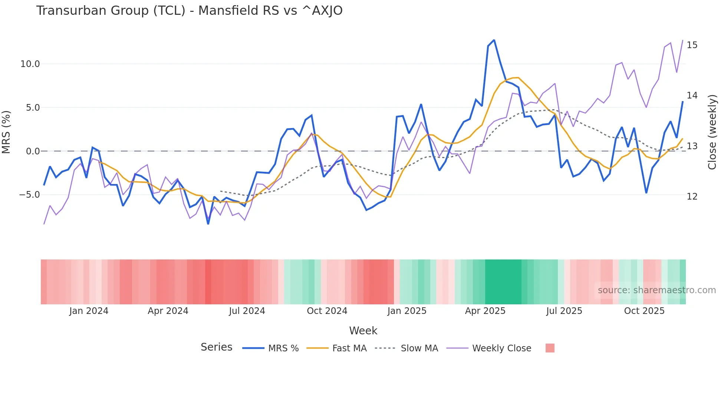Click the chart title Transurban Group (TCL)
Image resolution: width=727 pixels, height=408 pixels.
click(x=189, y=11)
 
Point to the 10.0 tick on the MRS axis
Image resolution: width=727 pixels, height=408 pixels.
click(x=30, y=64)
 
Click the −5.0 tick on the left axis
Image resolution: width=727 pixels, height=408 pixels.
click(x=29, y=195)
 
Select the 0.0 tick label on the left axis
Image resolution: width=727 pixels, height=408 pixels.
click(x=33, y=151)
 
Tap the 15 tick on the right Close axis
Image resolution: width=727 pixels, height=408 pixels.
click(x=692, y=45)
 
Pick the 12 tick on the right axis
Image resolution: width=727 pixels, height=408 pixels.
click(x=692, y=197)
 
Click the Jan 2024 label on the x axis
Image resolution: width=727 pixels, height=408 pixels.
click(x=89, y=311)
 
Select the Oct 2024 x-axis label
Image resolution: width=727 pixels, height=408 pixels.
click(x=327, y=311)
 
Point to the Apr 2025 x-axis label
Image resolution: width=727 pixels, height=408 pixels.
click(x=485, y=311)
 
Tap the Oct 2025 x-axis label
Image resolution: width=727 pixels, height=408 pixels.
click(x=644, y=311)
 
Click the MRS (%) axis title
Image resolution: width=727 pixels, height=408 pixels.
click(x=6, y=132)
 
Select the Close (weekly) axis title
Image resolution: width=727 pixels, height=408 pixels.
click(x=712, y=132)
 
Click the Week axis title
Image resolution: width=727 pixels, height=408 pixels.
click(x=363, y=331)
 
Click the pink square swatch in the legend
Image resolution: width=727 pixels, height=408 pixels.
click(x=550, y=348)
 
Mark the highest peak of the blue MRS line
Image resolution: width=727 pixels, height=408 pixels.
click(x=494, y=40)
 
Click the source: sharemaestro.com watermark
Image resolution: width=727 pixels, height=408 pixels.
click(x=657, y=290)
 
